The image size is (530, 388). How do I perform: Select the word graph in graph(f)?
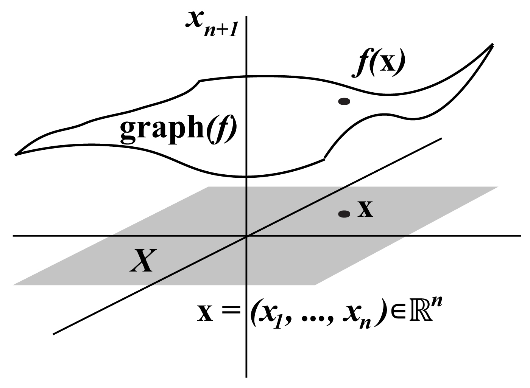coord(162,129)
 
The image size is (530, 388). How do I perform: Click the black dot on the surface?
coord(344,102)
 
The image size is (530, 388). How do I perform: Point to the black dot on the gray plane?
coord(344,214)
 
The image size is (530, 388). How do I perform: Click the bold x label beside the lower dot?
coord(365,209)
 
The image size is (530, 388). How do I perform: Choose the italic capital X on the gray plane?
coord(143,261)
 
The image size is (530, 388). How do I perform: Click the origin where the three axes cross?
coord(246,236)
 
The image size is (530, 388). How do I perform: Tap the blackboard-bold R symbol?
coord(421,312)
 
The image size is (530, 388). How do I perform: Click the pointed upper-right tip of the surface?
coord(493,44)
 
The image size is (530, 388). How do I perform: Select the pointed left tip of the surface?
coord(16,155)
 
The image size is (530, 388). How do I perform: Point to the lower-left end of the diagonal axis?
coord(53,334)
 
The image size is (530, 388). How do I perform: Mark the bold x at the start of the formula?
coord(205,313)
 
